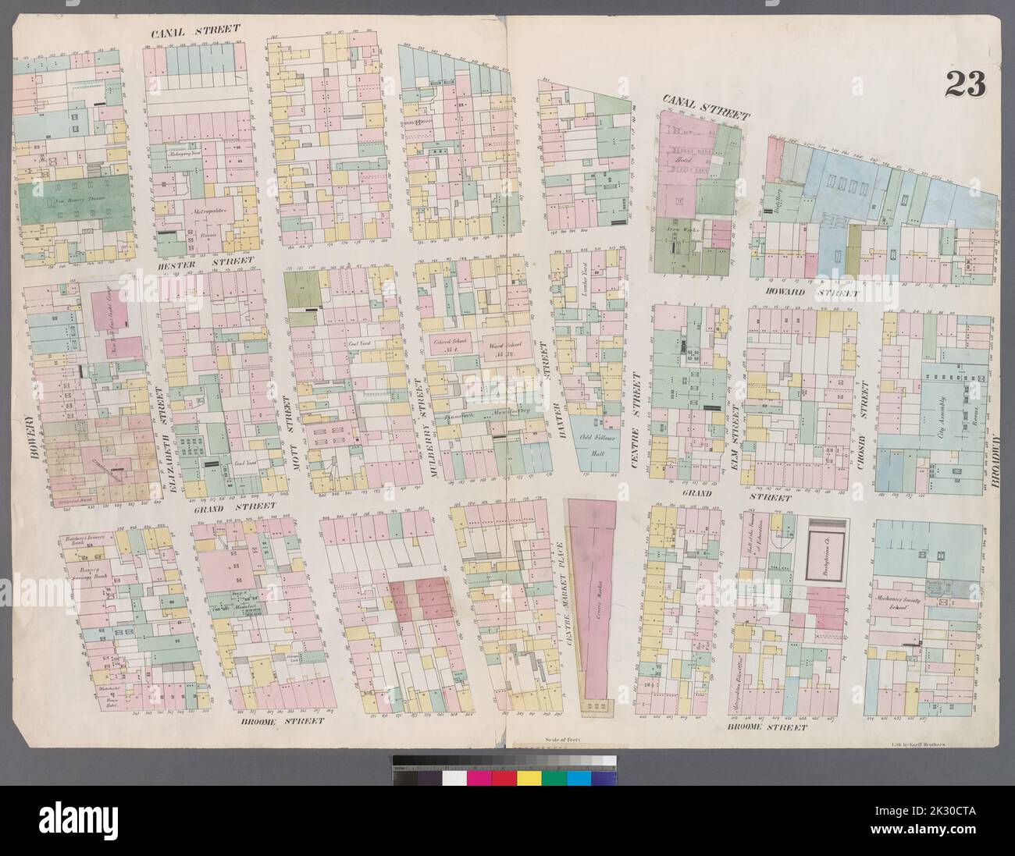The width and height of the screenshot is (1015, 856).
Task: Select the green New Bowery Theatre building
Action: point(73,200)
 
